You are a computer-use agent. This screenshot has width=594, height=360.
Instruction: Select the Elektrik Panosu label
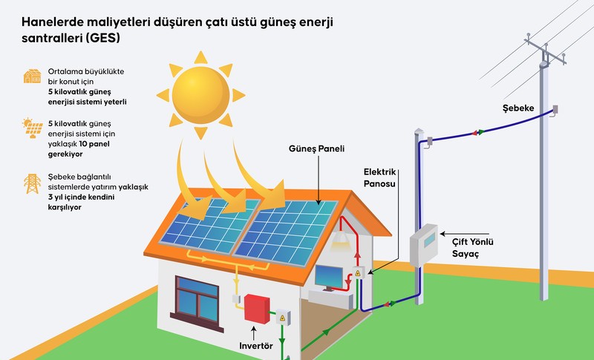[x=381, y=177]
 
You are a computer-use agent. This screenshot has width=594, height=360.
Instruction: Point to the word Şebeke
[x=518, y=108]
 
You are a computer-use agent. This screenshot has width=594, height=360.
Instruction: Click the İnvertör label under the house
[x=257, y=346]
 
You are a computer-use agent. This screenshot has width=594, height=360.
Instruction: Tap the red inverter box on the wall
[x=258, y=308]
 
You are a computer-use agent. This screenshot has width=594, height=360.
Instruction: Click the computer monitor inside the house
[x=329, y=277]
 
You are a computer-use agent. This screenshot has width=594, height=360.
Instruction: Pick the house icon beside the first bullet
[x=31, y=76]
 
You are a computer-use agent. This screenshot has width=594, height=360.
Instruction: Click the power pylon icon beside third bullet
[x=32, y=183]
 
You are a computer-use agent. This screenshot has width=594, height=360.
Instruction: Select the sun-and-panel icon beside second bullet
[x=31, y=128]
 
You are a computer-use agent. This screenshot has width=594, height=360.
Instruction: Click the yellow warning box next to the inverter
[x=282, y=318]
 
